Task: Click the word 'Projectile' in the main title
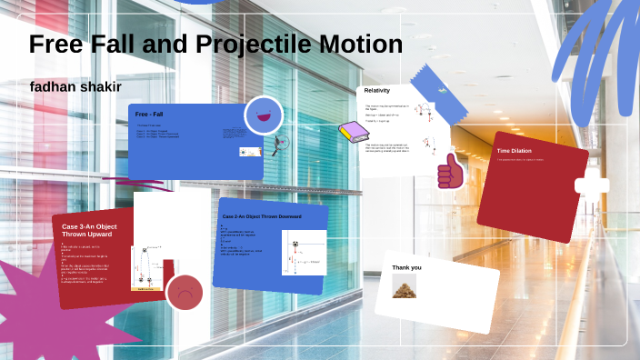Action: [x=239, y=44]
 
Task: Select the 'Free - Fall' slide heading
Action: [x=149, y=115]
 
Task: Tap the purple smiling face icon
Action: [x=264, y=115]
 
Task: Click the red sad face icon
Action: [x=185, y=293]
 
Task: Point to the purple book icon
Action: [x=351, y=132]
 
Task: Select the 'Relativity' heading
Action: [x=377, y=91]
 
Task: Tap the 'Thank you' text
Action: [x=406, y=267]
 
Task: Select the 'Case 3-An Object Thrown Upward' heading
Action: [x=87, y=229]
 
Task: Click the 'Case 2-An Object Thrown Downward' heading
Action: [x=262, y=216]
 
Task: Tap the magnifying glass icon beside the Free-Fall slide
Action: [x=282, y=143]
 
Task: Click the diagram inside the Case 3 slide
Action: [x=145, y=269]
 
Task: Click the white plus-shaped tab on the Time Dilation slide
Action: [x=592, y=185]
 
